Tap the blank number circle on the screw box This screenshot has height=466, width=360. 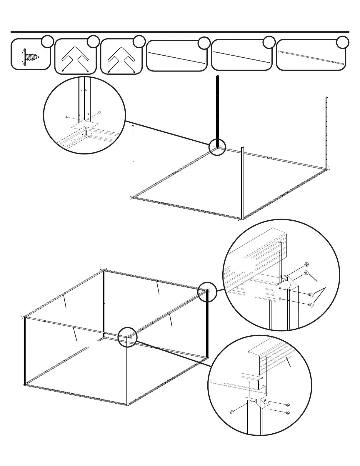(47, 41)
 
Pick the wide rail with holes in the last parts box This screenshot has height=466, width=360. (311, 57)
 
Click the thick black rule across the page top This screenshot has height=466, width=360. (180, 32)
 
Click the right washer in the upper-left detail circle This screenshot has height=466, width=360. (99, 112)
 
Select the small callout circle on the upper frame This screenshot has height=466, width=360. (217, 147)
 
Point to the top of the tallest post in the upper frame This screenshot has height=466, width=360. (218, 77)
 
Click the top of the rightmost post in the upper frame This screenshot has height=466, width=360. (326, 97)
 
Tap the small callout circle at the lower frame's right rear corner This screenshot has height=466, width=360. (207, 291)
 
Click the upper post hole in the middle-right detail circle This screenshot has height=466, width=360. (280, 289)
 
